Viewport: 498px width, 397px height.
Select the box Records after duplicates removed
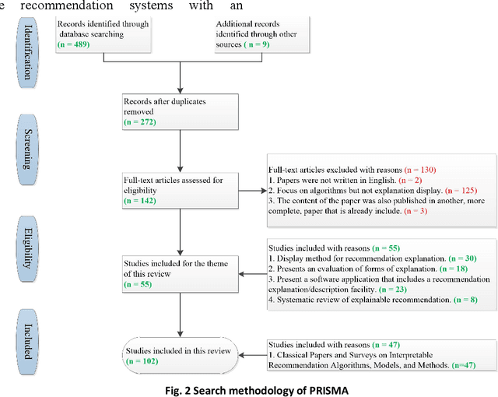(x=180, y=111)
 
